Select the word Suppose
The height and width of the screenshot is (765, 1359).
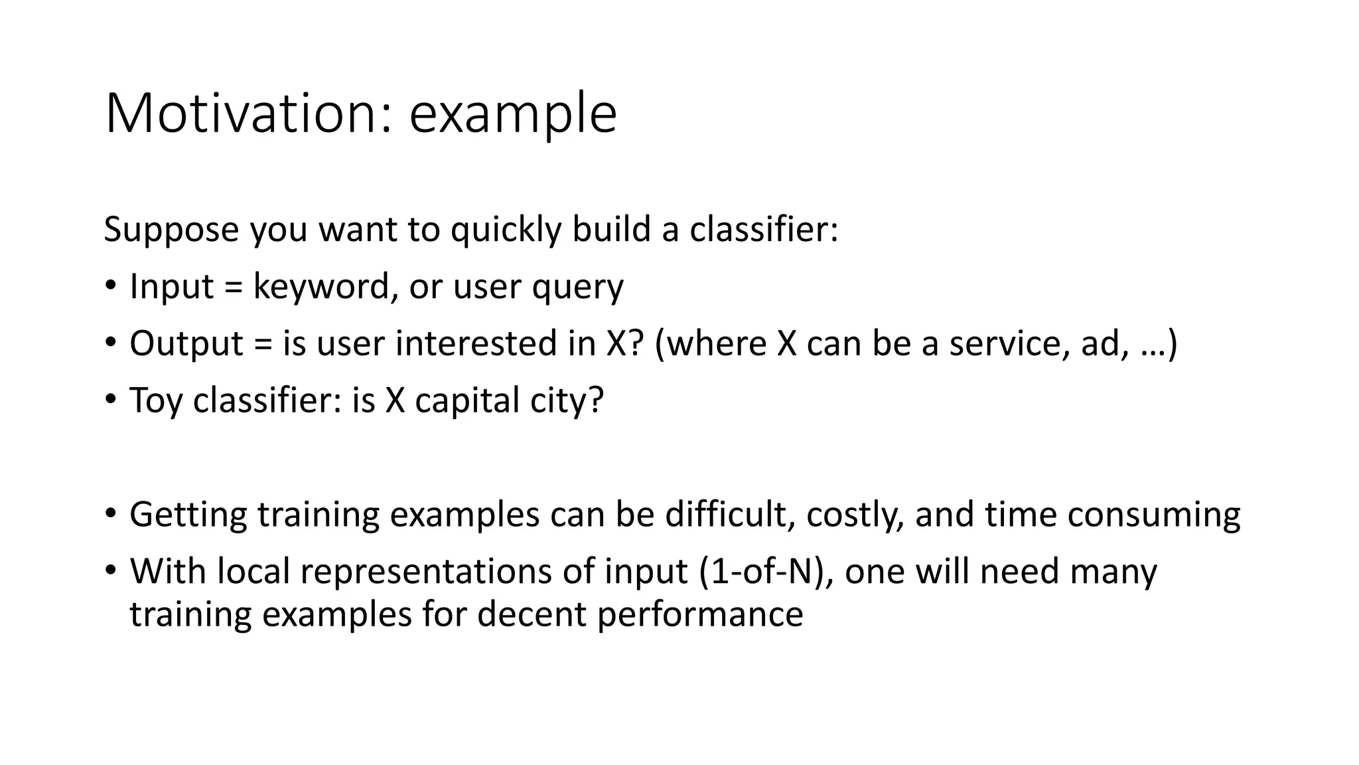click(x=171, y=230)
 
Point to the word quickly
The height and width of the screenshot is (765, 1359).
click(x=506, y=230)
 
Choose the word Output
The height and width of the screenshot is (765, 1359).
click(x=186, y=345)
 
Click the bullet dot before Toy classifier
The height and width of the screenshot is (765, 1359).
click(x=110, y=399)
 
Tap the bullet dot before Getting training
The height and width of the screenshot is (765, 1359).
click(x=110, y=513)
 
